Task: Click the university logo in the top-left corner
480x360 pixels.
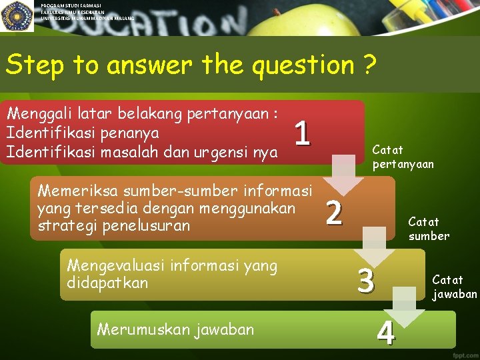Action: (x=17, y=17)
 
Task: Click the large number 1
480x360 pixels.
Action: (x=302, y=133)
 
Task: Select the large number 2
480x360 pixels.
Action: (x=334, y=213)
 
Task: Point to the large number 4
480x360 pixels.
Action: (x=385, y=332)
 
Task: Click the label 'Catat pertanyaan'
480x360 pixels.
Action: (x=403, y=157)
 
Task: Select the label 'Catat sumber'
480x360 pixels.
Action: (x=429, y=228)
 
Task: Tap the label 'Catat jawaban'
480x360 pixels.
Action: (x=455, y=287)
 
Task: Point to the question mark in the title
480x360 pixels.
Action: (x=369, y=65)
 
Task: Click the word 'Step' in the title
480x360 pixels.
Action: (x=33, y=65)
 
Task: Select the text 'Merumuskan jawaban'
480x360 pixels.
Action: (x=175, y=329)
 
